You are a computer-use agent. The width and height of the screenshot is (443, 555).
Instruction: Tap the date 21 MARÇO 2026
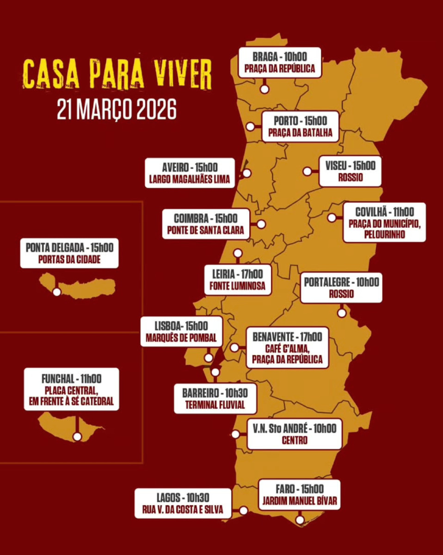coord(117,110)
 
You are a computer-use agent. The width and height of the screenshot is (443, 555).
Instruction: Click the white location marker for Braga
coord(265,89)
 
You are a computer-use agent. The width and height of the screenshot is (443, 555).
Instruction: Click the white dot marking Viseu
coord(307,171)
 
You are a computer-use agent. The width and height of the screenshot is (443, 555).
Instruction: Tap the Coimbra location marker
coord(261,224)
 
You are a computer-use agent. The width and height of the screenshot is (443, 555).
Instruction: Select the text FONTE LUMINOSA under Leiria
coord(238,286)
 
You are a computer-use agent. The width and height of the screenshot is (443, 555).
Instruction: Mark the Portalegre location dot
coord(341,313)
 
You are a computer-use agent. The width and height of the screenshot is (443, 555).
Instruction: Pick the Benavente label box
coord(287,348)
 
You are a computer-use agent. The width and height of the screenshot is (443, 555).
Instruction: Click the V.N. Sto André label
coord(295,434)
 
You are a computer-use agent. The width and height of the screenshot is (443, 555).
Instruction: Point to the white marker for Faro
coord(300,520)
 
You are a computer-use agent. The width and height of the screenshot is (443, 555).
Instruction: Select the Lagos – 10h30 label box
coord(183,503)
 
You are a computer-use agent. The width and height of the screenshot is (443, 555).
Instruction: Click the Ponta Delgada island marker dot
coord(57,292)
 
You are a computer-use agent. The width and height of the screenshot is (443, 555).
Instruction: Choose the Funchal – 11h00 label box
coord(71,389)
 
